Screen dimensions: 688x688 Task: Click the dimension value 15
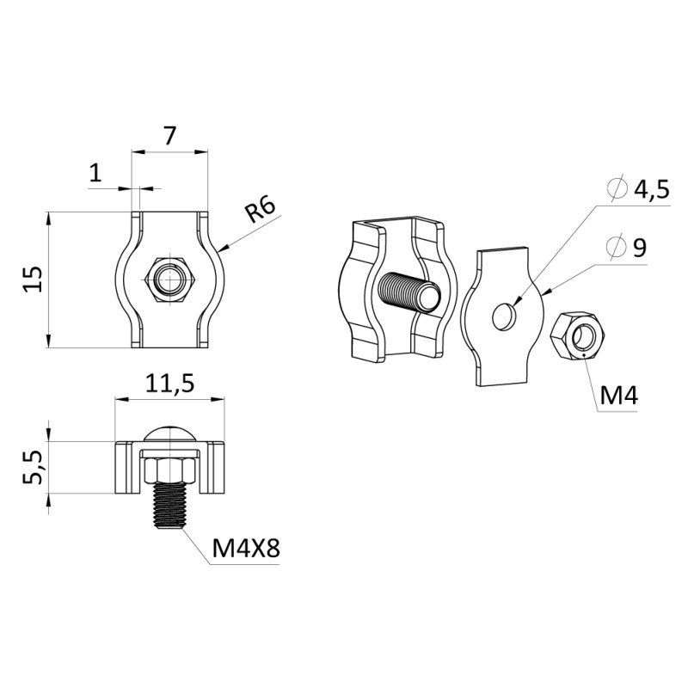pos(34,279)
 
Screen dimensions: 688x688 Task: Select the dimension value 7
pos(169,136)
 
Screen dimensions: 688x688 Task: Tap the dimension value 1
pos(95,174)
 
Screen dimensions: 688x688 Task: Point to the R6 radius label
pos(260,210)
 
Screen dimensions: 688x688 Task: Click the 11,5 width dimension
pos(169,384)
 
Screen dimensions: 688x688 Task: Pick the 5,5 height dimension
pos(34,467)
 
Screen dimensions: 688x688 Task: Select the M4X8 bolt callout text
pos(246,549)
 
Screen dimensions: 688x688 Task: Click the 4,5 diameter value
pos(650,190)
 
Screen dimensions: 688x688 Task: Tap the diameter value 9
pos(639,248)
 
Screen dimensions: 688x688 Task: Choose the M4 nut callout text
pos(618,396)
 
